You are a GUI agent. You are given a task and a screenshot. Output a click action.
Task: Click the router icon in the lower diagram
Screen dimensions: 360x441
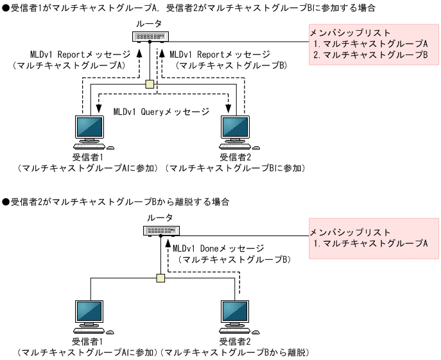161,230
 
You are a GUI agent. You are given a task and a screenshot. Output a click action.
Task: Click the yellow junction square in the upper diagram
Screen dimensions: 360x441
150,84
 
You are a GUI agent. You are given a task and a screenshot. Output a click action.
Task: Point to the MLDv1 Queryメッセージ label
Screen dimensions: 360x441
161,112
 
